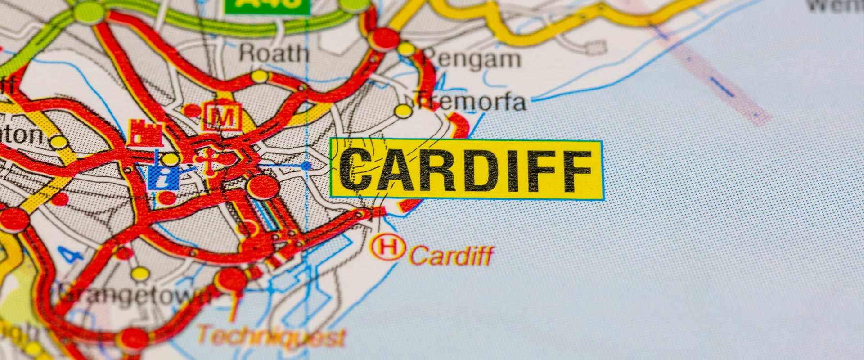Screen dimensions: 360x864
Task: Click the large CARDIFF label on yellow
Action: click(x=466, y=169)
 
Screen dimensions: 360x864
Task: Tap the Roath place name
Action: click(x=274, y=54)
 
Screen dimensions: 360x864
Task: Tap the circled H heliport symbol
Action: click(x=387, y=247)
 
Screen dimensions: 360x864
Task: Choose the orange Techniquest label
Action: click(x=272, y=337)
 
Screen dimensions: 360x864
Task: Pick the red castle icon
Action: click(x=144, y=134)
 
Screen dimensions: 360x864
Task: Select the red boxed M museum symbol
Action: click(x=222, y=116)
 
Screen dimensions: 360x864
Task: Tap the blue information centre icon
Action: click(x=163, y=177)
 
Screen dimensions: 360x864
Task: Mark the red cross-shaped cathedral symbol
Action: click(x=208, y=161)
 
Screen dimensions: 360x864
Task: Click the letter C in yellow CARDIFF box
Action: click(x=356, y=170)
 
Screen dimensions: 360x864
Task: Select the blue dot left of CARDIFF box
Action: click(x=306, y=166)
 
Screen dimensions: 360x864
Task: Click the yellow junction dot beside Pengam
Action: click(x=406, y=49)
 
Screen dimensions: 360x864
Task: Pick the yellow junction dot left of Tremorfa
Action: click(x=403, y=111)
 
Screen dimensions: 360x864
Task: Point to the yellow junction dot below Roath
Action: click(x=260, y=76)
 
